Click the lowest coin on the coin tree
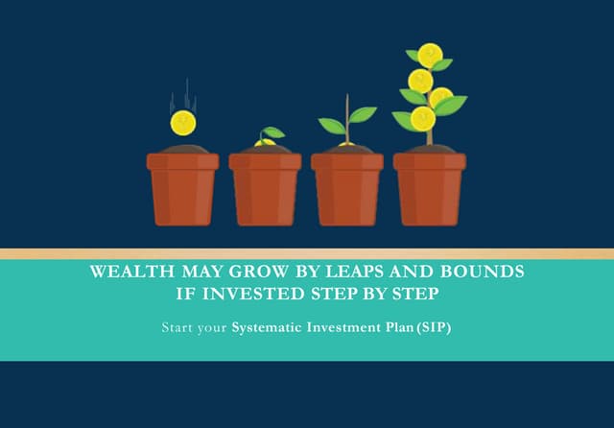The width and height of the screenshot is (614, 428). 422,119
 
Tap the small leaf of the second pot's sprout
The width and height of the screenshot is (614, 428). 273,132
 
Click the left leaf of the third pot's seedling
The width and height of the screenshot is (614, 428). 332,126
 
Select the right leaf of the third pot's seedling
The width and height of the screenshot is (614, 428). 362,115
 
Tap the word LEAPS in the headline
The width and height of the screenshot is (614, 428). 365,273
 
